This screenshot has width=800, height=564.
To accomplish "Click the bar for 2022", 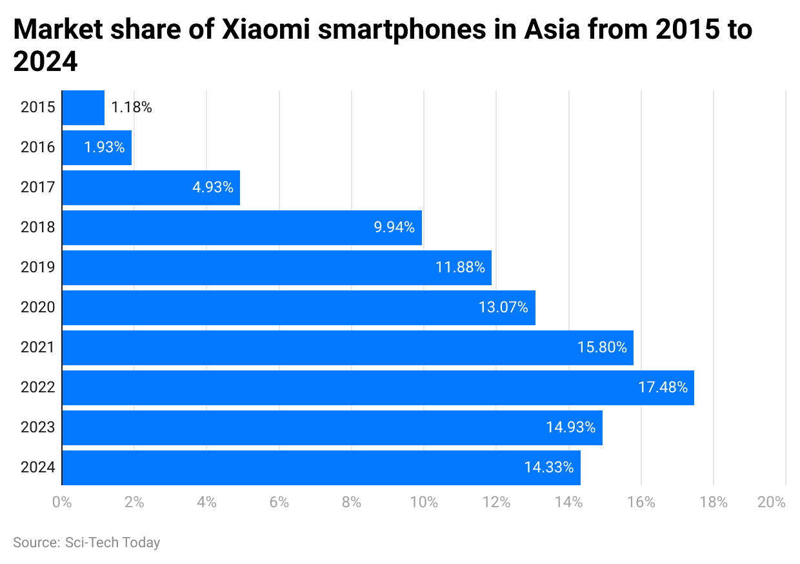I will coord(377,388).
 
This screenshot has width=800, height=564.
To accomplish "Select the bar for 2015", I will coord(83,108).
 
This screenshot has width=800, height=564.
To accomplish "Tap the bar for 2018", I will coord(242,228).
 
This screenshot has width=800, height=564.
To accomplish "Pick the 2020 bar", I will coord(299,308).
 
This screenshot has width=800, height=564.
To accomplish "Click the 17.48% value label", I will coord(662,388).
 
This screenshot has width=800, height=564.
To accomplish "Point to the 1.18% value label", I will coord(132,108).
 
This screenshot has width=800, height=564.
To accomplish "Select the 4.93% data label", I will coord(213,188).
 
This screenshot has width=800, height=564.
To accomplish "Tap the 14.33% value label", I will coord(549,468).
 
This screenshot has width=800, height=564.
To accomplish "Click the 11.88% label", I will coord(460,268).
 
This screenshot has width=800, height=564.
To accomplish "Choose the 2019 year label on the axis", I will coord(37,268).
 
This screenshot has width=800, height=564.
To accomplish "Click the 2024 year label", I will coord(37,468).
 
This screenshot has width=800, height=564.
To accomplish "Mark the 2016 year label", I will coord(37,148).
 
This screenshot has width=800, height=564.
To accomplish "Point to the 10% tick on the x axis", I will coord(424,503).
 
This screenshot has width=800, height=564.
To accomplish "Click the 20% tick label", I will coord(772,503).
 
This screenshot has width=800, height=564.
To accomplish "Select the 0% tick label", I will coord(62,503).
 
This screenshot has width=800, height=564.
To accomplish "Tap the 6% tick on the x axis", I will coord(279,503).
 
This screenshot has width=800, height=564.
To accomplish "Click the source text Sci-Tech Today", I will coord(112,543).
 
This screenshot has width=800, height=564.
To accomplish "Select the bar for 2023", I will coord(332,428).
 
